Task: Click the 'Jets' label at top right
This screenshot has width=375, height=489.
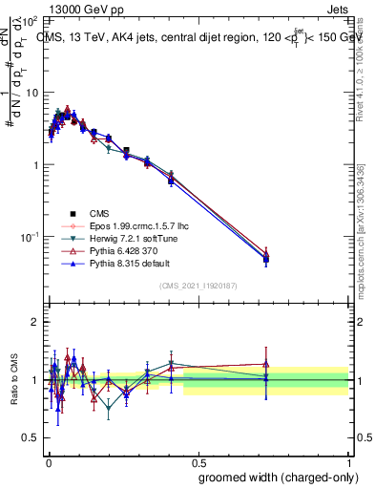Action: (x=336, y=9)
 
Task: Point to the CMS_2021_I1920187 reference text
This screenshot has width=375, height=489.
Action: (x=198, y=286)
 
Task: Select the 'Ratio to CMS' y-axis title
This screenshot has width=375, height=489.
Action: (x=13, y=379)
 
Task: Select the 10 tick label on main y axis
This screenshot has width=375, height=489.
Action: (x=30, y=93)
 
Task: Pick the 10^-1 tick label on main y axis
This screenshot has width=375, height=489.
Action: (x=28, y=236)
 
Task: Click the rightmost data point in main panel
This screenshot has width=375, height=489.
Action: (x=265, y=258)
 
